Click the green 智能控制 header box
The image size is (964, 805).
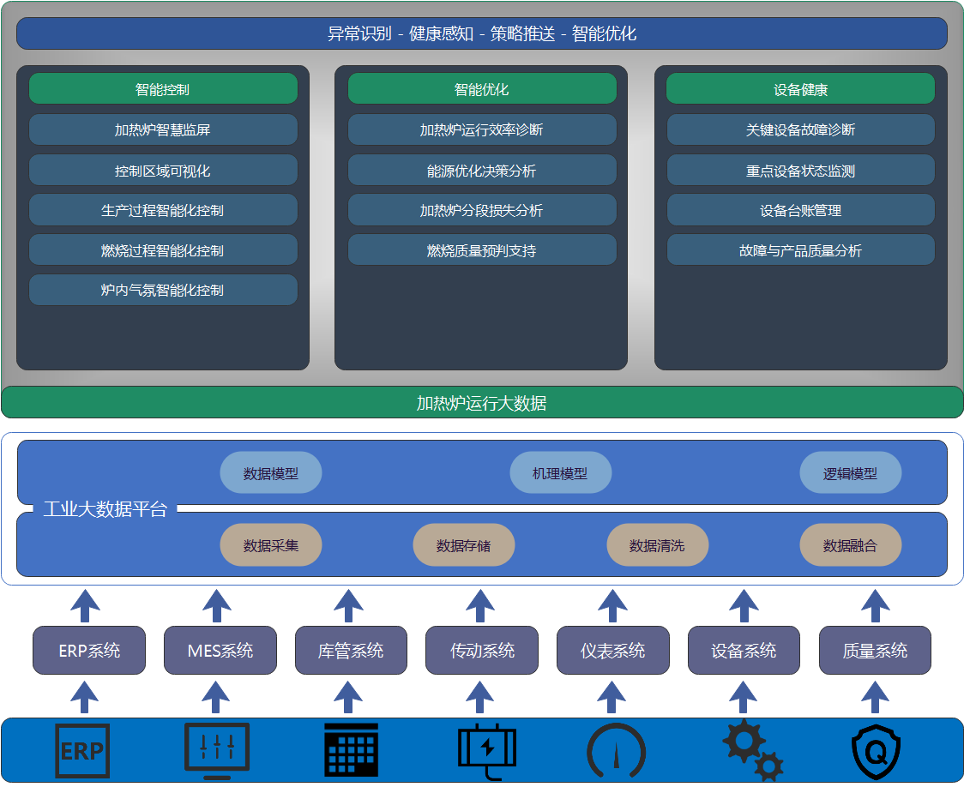tap(163, 89)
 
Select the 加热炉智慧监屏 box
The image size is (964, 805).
tap(163, 130)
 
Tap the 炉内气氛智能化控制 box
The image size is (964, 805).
tap(163, 291)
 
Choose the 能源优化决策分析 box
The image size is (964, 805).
tap(481, 171)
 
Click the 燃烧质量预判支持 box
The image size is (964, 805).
tap(481, 250)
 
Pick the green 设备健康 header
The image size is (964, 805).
tap(800, 89)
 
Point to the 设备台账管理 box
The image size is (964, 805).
tap(800, 211)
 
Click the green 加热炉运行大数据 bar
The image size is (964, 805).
tap(482, 403)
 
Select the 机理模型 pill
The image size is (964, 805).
tap(560, 473)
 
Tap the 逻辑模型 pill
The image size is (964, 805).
tap(850, 473)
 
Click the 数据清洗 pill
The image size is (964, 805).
tap(657, 545)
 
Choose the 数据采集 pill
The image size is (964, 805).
tap(271, 545)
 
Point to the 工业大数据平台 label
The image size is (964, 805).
tap(105, 509)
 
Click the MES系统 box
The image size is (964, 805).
tap(220, 651)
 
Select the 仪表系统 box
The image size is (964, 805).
tap(612, 651)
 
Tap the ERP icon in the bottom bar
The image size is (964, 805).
tap(82, 751)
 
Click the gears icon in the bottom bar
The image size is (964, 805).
tap(752, 751)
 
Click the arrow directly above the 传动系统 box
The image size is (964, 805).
tap(480, 605)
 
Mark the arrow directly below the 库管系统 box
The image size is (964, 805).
tap(348, 697)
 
